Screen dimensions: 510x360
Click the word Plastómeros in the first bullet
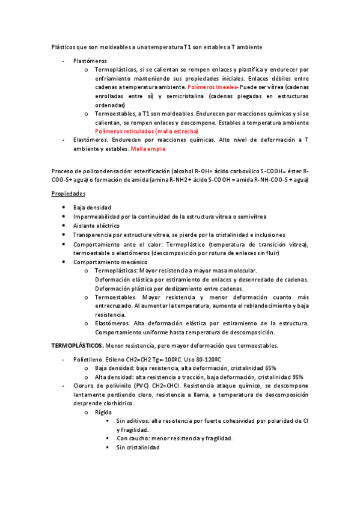coord(90,61)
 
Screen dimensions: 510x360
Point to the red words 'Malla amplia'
coord(149,148)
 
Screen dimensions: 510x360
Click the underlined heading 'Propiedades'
coord(69,193)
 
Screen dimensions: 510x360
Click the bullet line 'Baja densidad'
coord(92,207)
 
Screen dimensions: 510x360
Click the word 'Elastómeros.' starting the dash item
coord(92,140)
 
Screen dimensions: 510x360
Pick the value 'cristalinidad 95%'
coord(276,376)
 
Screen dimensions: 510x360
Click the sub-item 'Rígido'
coord(103,412)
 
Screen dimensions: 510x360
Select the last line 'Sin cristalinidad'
coord(138,447)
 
